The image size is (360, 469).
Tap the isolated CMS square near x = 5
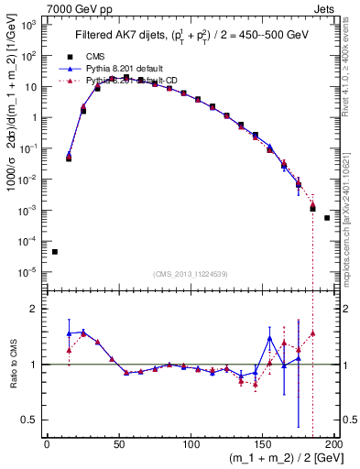[55, 251]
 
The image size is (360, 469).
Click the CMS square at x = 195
[327, 218]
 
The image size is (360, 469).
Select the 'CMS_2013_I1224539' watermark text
[191, 273]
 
